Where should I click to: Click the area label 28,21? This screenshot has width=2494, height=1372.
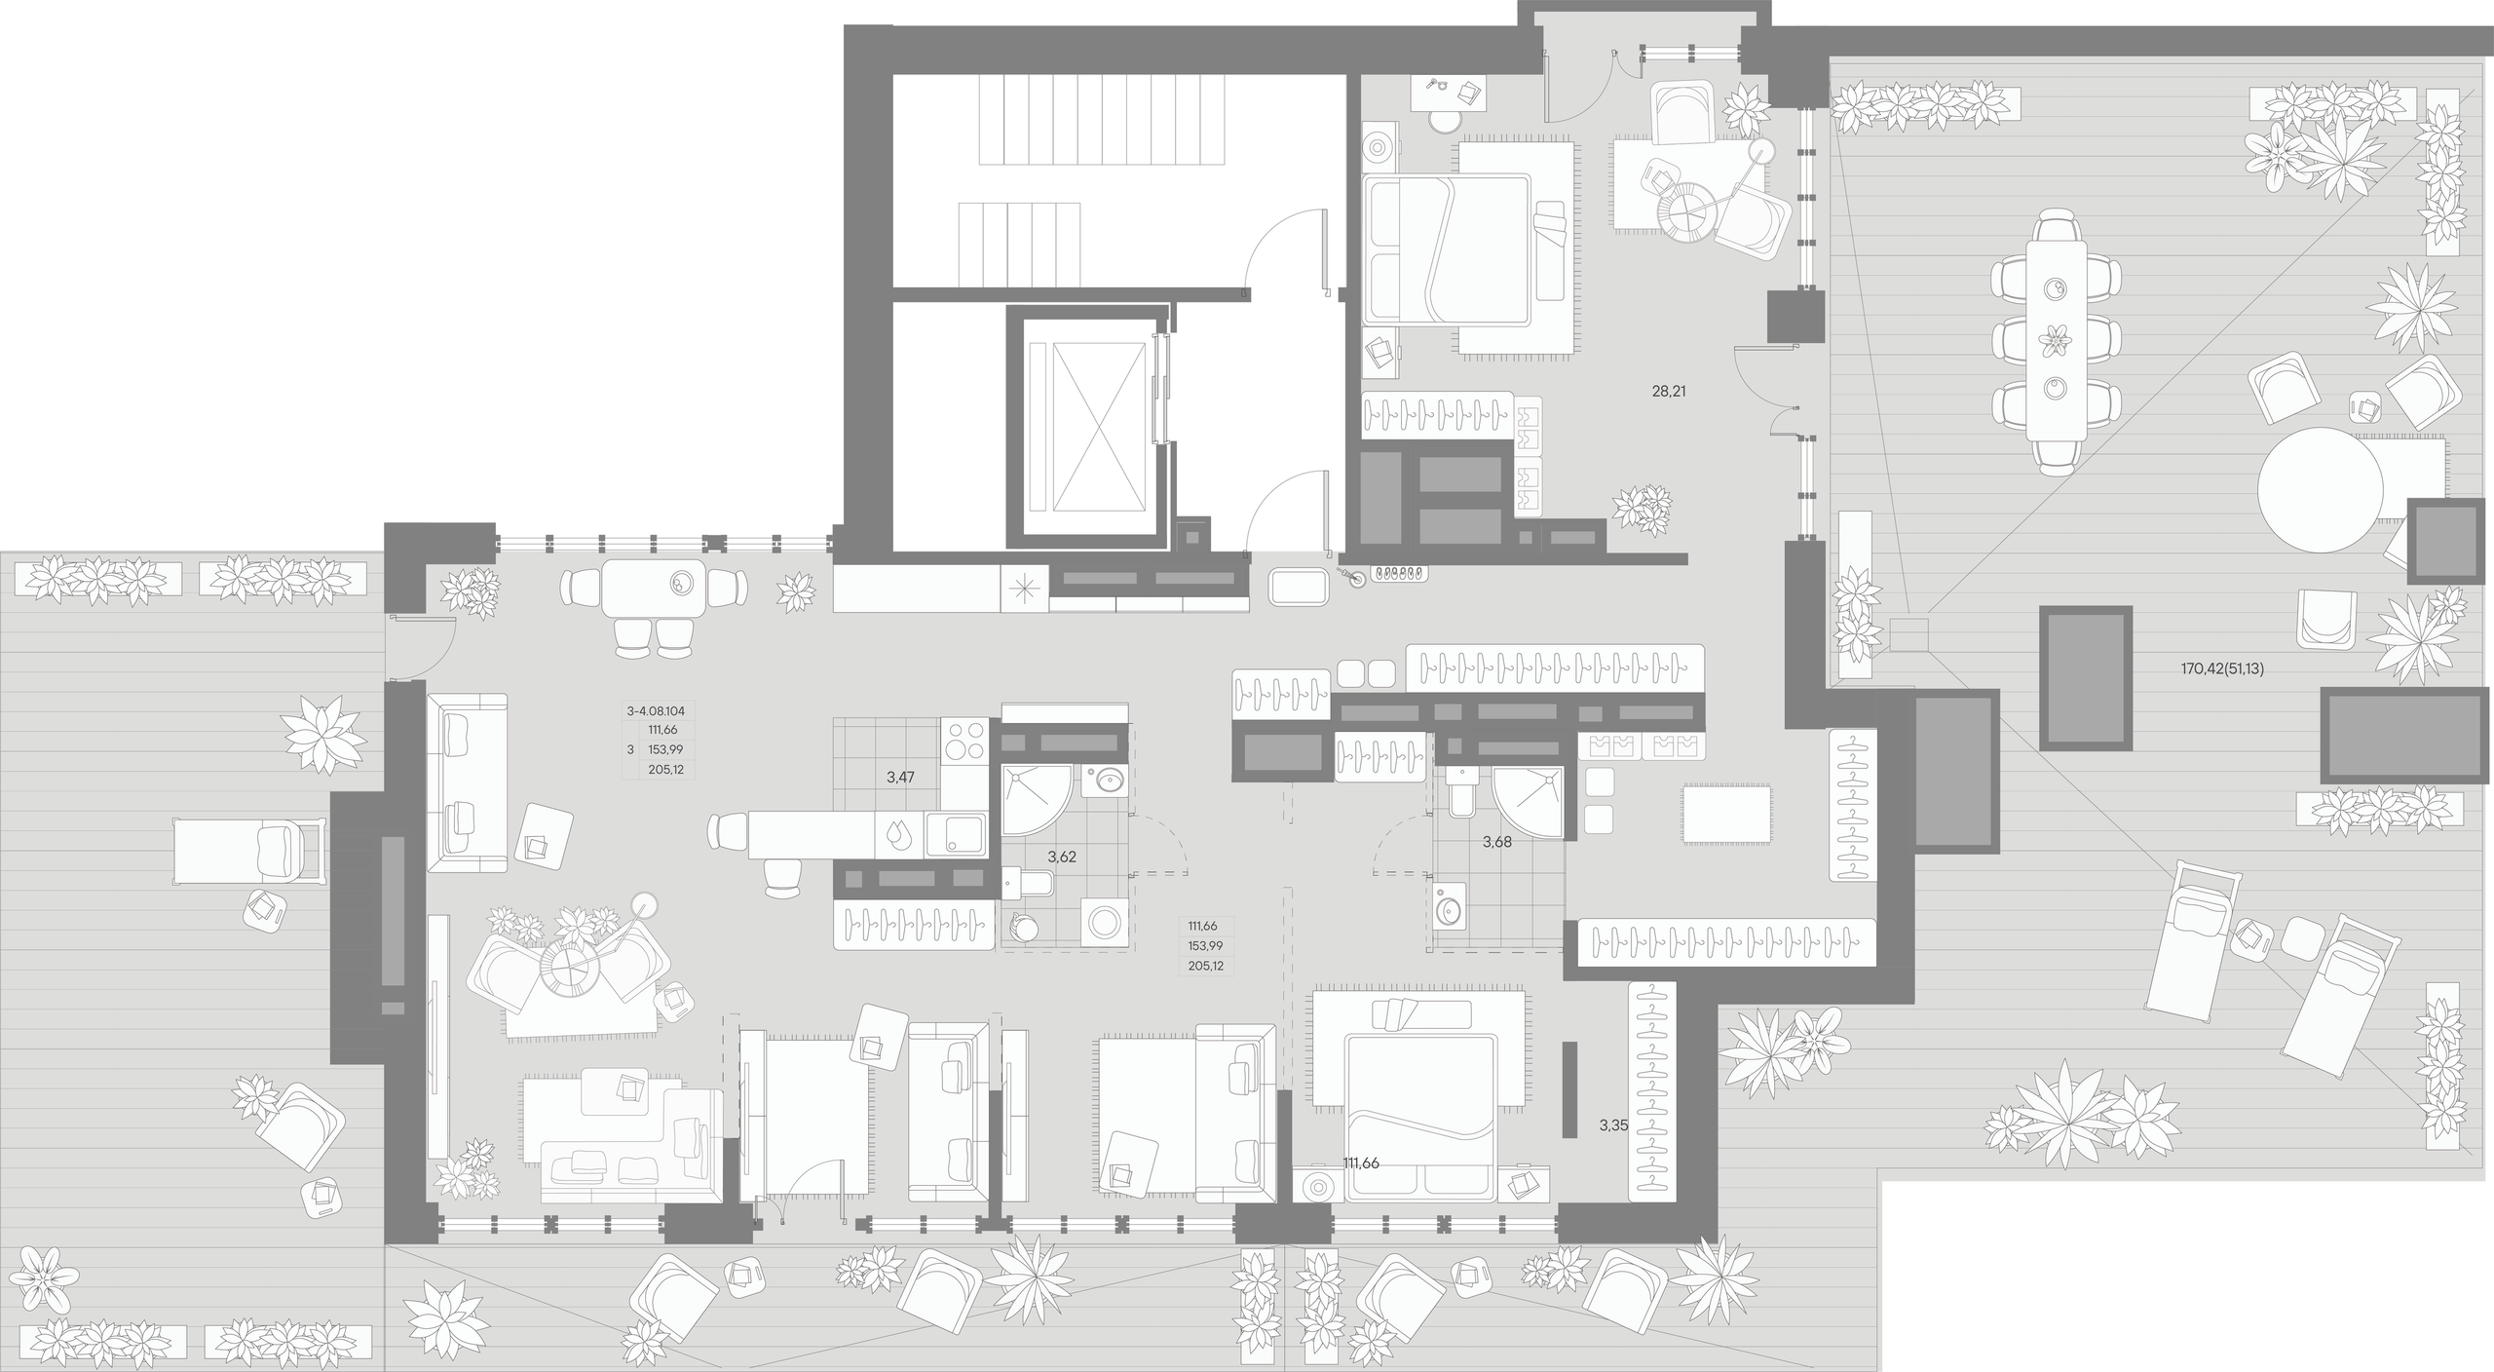pyautogui.click(x=1668, y=392)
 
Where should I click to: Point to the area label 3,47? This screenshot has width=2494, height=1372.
pyautogui.click(x=900, y=778)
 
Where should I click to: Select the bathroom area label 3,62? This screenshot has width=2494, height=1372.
pyautogui.click(x=1061, y=857)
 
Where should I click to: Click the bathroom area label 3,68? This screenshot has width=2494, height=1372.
pyautogui.click(x=1496, y=842)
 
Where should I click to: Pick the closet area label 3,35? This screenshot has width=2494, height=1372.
pyautogui.click(x=1613, y=1125)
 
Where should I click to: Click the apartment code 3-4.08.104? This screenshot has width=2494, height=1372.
pyautogui.click(x=656, y=711)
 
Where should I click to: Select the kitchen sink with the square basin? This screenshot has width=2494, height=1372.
pyautogui.click(x=956, y=835)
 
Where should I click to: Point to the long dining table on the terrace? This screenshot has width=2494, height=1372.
pyautogui.click(x=2057, y=340)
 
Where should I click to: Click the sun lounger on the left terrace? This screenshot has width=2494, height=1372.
pyautogui.click(x=248, y=852)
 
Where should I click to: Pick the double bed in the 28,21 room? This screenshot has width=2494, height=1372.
pyautogui.click(x=1446, y=249)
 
